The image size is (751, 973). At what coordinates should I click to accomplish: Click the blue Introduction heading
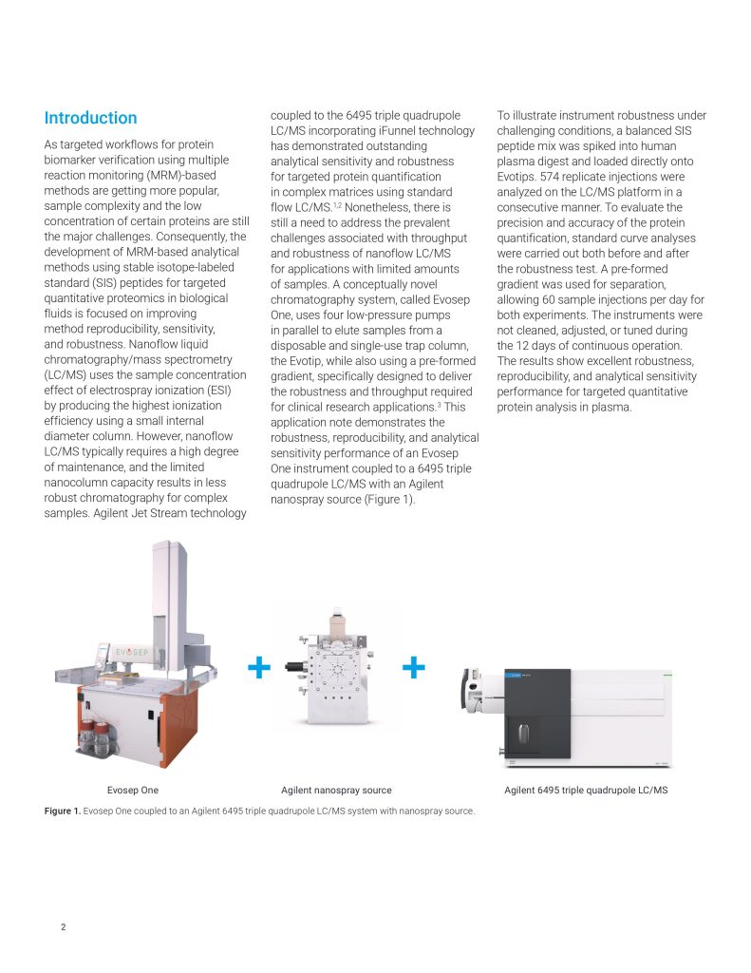[x=90, y=118]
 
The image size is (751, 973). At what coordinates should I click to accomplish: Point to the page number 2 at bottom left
[x=63, y=927]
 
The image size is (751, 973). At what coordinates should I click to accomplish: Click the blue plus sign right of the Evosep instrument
[x=257, y=669]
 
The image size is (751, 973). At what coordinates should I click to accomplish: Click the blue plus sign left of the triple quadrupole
[x=413, y=669]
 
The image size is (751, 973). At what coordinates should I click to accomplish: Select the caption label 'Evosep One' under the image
[x=133, y=790]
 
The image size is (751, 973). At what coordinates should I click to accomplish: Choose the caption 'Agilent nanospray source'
[x=336, y=790]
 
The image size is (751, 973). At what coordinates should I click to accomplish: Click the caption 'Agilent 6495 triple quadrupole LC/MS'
[x=586, y=790]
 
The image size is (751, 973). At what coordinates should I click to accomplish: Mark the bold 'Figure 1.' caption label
[x=62, y=811]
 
